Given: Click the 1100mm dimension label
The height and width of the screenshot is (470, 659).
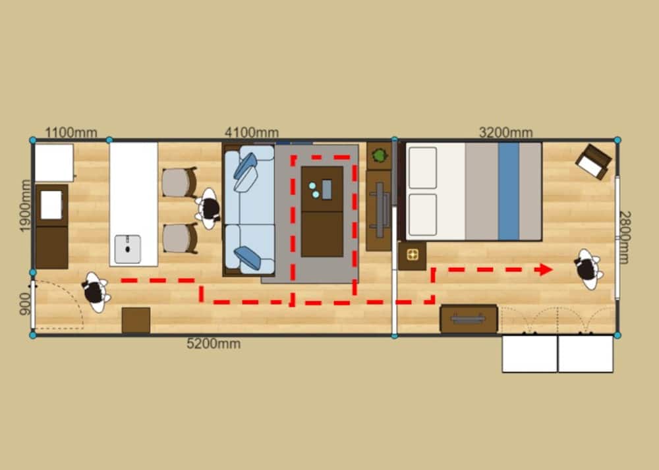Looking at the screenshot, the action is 71,132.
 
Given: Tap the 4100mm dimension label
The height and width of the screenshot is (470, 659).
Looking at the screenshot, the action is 252,132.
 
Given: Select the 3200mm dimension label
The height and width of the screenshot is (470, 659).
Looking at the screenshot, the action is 506,132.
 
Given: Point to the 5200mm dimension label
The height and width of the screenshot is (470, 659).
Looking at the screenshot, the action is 214,344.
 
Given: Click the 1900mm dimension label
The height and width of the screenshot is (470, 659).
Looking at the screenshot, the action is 25,205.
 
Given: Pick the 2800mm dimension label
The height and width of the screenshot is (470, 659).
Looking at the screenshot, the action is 625,238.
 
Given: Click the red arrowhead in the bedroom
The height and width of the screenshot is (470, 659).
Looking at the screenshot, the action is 546,269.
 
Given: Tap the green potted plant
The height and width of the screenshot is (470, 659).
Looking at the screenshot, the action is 380,155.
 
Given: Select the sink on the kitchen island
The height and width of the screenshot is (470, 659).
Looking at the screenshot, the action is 128,249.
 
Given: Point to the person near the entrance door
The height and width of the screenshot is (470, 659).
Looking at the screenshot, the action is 96,292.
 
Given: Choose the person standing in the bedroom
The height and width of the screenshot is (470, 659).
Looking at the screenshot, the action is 588,269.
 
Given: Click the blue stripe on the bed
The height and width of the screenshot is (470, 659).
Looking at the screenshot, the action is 509,192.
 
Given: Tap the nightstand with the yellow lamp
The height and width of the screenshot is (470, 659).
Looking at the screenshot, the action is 413,255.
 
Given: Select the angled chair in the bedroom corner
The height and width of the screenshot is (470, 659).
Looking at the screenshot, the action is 594,161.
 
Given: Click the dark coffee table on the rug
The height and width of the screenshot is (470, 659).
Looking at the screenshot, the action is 322,211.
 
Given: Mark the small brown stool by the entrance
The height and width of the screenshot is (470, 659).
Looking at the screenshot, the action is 136,320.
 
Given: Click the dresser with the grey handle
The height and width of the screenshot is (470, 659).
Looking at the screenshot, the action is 469,319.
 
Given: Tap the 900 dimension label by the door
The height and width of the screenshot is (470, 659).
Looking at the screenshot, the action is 25,304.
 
